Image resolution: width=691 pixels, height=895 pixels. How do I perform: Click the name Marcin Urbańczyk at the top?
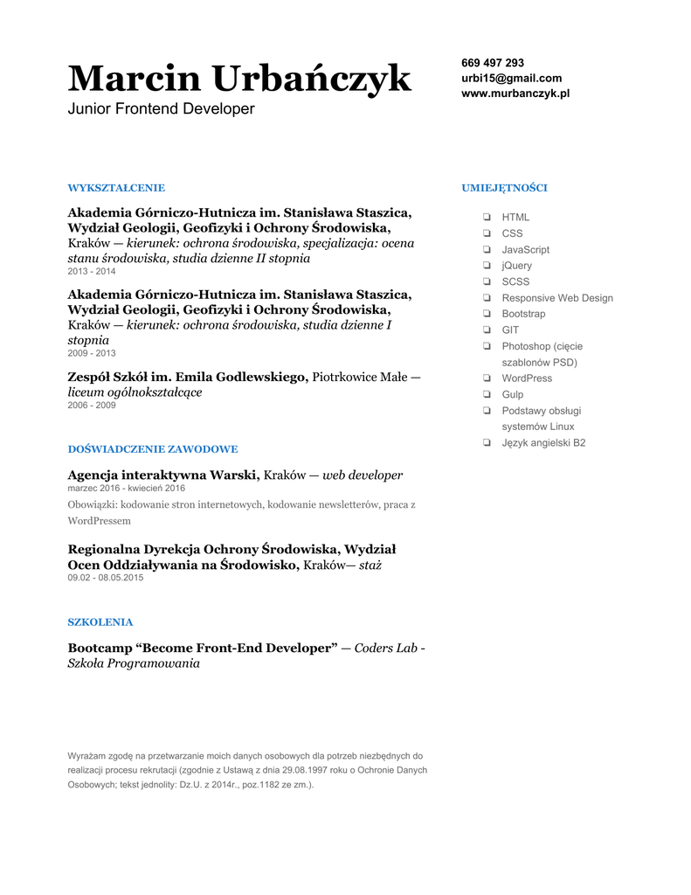click(x=239, y=79)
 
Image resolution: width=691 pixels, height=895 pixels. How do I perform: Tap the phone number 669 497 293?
click(x=493, y=63)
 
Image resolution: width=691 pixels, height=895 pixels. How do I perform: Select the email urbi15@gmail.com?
click(x=511, y=78)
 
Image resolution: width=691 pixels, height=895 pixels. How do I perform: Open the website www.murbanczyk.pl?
click(x=515, y=93)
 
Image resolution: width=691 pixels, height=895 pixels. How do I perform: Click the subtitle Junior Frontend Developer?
click(x=162, y=109)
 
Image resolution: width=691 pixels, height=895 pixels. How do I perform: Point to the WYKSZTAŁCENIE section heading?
click(x=116, y=188)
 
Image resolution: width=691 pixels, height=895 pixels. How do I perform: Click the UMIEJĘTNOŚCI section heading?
click(x=504, y=188)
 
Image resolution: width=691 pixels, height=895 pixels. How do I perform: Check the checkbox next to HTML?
click(x=486, y=217)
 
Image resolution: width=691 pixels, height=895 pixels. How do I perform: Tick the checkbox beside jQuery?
click(x=486, y=266)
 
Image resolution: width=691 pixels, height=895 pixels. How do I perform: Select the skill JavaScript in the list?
click(x=525, y=249)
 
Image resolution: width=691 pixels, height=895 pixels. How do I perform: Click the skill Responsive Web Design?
click(x=557, y=298)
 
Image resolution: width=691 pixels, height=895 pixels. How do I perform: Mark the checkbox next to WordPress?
click(x=486, y=378)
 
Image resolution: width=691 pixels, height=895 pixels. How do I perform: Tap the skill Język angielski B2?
click(x=543, y=443)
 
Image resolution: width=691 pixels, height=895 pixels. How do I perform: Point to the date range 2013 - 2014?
click(x=92, y=272)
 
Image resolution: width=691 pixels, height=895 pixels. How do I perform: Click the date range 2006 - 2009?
click(x=92, y=406)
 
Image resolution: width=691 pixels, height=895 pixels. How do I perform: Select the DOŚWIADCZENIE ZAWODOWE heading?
click(x=153, y=449)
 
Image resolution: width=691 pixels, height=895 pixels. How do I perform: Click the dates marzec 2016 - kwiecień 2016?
click(x=127, y=489)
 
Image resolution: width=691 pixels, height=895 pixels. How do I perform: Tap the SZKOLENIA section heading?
click(x=100, y=622)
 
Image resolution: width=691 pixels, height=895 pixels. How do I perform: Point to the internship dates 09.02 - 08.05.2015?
click(x=106, y=578)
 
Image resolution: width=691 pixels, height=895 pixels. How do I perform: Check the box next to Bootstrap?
click(x=486, y=314)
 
